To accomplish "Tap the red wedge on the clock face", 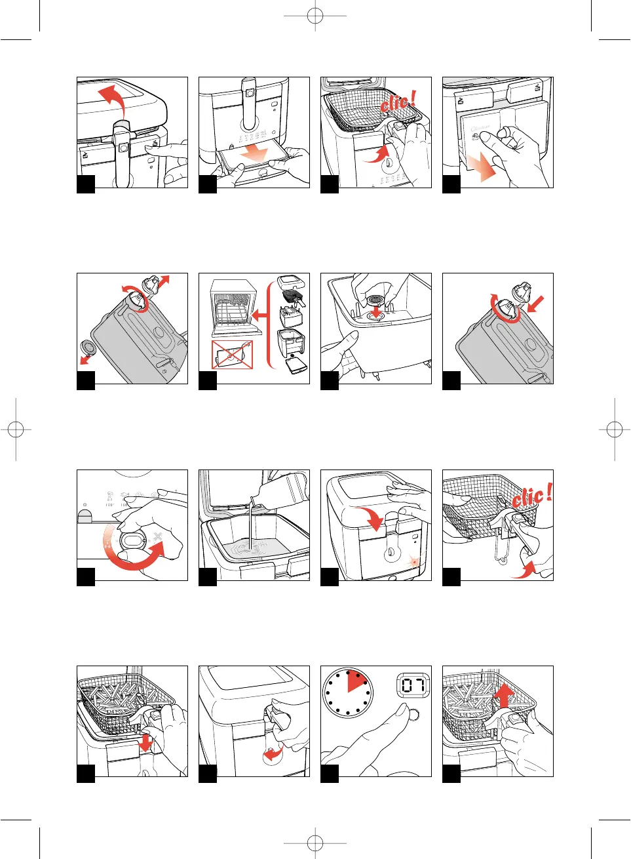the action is point(356,683).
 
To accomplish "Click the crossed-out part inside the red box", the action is point(232,355).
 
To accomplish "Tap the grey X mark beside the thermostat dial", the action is point(157,537).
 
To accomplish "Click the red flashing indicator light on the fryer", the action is point(414,563).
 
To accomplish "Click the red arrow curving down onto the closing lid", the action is point(370,517).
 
